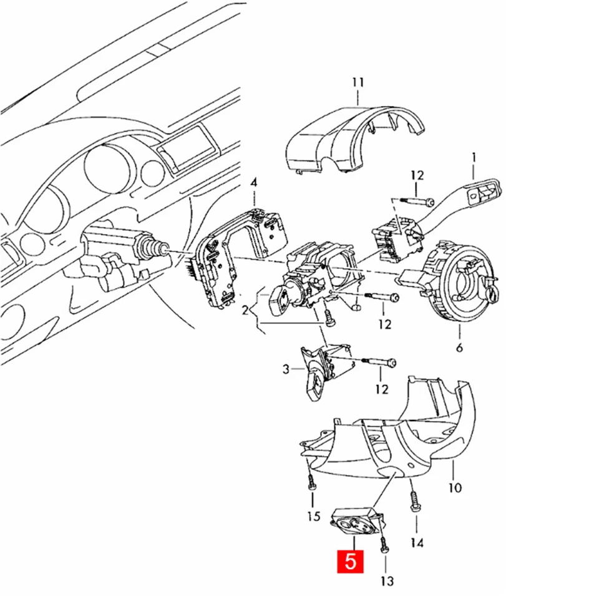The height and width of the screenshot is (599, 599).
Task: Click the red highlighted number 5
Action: tap(351, 561)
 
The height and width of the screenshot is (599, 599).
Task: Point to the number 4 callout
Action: tap(253, 183)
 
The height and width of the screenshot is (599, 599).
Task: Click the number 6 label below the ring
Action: tap(459, 348)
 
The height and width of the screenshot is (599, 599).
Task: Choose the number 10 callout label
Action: tap(455, 487)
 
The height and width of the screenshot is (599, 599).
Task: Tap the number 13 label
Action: tap(387, 581)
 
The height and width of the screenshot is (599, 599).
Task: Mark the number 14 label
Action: tap(417, 543)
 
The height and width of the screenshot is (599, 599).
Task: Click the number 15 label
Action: tap(313, 517)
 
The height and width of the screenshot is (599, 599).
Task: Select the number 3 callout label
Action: tap(286, 370)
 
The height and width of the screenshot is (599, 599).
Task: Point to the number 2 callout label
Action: tap(245, 309)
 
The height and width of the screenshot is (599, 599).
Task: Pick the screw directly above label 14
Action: tap(413, 502)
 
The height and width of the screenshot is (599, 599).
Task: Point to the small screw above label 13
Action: tap(383, 543)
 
